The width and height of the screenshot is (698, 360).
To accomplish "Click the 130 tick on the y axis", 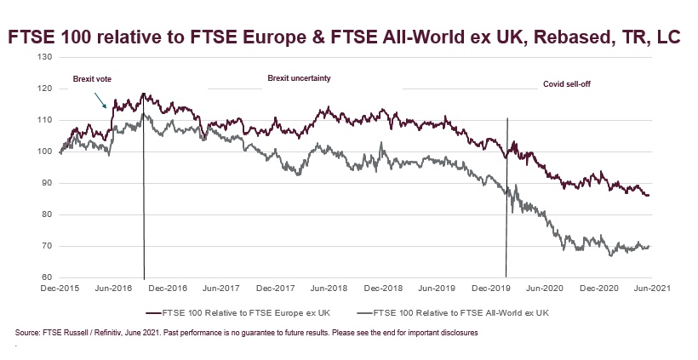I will point(46,57).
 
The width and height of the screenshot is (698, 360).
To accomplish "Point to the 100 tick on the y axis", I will point(46,151).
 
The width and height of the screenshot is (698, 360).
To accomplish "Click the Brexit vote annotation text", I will point(92,79).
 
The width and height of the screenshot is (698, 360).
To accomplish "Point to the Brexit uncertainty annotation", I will point(299,78).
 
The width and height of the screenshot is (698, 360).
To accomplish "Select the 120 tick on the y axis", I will point(46,89).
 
